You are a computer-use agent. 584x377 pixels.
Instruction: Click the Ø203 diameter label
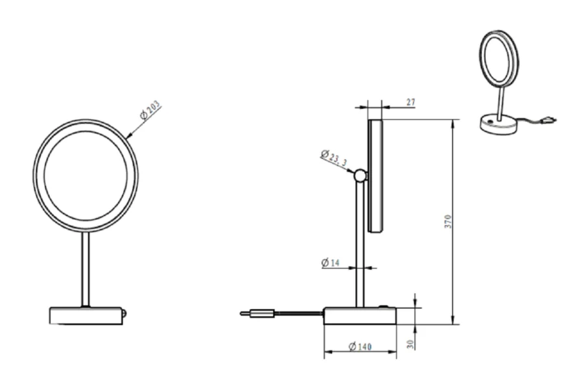coord(151,110)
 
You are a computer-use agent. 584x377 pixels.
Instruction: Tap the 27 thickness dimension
coord(411,102)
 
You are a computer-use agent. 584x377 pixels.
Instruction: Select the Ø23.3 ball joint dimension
coord(334,158)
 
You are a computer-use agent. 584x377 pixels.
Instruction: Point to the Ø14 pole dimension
coord(330,263)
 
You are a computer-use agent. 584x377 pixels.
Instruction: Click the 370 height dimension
coord(448,222)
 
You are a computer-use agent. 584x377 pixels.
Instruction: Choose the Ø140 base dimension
coord(359,347)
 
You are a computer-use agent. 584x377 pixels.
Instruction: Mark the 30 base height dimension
coord(410,344)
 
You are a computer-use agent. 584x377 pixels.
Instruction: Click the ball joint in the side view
coord(360,175)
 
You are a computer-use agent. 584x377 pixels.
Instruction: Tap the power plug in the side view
coord(258,313)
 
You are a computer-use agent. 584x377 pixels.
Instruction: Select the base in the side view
coord(359,315)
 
